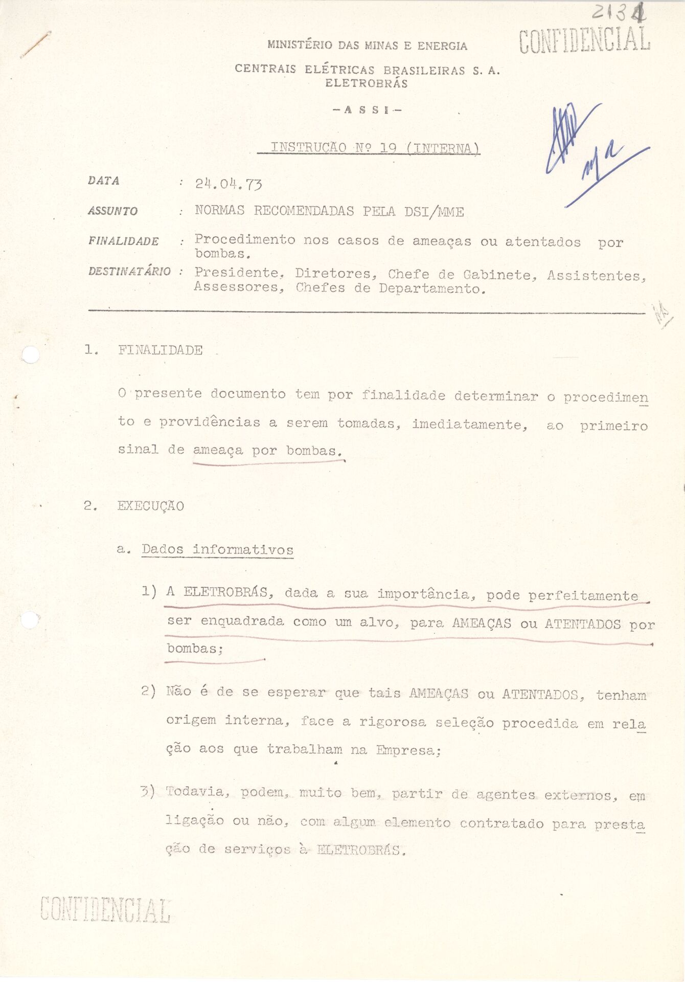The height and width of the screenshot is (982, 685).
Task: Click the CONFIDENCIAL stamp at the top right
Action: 584,40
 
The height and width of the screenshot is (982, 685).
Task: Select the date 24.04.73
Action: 229,184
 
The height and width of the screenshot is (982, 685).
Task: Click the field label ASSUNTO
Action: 112,211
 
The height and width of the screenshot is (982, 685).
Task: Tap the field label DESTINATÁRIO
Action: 129,271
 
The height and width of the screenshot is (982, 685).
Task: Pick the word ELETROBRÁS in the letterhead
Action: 367,83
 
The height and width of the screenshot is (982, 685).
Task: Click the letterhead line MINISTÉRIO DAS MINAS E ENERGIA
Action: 367,46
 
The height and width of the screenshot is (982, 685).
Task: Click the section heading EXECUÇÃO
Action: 150,506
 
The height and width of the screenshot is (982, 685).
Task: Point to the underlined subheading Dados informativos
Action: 217,550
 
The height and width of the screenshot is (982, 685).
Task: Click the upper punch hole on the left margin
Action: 31,354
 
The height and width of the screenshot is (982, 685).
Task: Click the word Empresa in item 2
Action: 408,750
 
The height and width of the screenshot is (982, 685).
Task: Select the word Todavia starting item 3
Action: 194,792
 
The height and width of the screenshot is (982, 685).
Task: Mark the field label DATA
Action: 103,181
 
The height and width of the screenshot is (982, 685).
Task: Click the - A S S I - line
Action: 367,109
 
